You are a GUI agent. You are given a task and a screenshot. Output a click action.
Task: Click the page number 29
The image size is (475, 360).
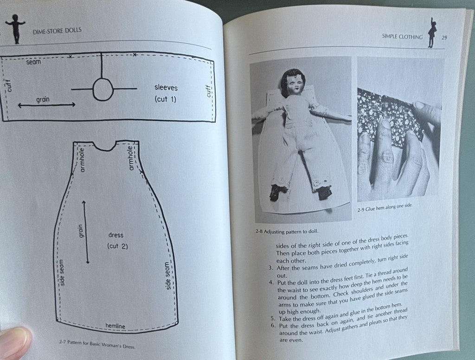click(444, 38)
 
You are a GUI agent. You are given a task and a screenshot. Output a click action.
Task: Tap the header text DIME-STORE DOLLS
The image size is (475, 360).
click(57, 30)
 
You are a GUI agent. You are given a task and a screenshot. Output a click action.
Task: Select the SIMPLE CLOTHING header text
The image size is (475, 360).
click(402, 37)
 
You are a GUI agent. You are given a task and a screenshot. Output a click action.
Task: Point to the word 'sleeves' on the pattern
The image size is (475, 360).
click(166, 88)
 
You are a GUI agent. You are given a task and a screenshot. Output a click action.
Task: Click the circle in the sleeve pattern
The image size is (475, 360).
click(103, 89)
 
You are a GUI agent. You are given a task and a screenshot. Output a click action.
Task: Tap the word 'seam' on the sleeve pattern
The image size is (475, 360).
click(33, 62)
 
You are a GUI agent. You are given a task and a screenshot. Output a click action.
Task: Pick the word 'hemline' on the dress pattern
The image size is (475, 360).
click(115, 326)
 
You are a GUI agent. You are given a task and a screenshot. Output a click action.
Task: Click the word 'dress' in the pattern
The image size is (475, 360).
click(116, 235)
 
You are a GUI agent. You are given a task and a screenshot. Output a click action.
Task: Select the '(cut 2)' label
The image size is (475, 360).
click(117, 246)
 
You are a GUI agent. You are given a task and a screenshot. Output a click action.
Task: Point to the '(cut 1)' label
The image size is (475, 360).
click(165, 99)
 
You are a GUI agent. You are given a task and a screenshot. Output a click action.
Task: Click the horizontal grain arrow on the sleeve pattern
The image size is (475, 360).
click(47, 105)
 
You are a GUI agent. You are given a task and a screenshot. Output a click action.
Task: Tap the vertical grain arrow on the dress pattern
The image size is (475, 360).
click(85, 232)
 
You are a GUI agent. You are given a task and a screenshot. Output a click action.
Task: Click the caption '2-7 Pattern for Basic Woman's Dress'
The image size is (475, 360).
click(97, 345)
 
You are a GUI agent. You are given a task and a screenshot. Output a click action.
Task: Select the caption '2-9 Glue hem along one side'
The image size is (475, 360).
click(385, 207)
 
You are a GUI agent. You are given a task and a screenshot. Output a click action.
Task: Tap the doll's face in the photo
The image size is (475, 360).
click(294, 85)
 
